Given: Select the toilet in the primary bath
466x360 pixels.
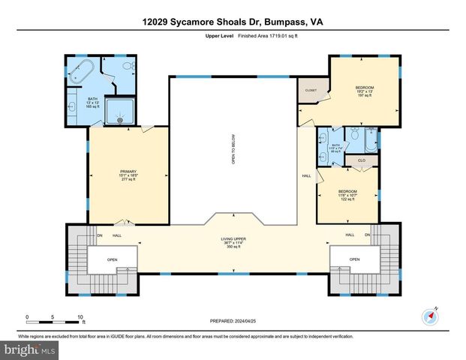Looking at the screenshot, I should coord(128,67).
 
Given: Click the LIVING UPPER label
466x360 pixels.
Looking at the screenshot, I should coord(233,239).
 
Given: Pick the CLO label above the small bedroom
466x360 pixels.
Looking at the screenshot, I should coord(361,160).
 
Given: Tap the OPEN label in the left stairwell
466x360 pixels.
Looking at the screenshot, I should coord(113,260).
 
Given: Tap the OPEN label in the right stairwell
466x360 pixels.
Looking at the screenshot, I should coord(354,260).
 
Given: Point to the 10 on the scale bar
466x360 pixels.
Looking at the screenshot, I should coord(80,316).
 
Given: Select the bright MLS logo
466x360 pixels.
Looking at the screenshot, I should coord(30,349).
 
